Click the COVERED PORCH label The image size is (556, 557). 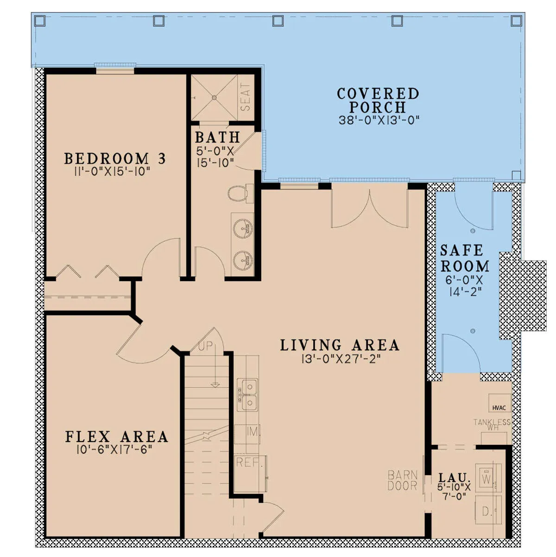(x=378, y=101)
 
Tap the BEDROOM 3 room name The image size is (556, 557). (x=115, y=159)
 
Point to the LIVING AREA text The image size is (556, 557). (x=340, y=346)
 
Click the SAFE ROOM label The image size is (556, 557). (x=465, y=258)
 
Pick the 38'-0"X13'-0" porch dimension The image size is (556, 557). (x=379, y=120)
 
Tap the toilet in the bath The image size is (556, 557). (x=240, y=193)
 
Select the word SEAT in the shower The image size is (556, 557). (x=246, y=97)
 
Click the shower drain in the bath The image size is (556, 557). (x=214, y=98)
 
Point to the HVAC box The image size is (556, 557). (x=499, y=403)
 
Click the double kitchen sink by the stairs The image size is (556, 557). (x=247, y=395)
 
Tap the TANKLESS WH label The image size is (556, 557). (x=492, y=424)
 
